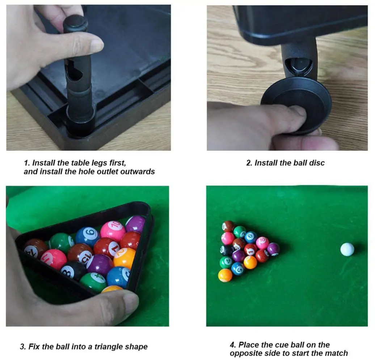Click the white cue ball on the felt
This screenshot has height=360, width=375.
click(347, 249)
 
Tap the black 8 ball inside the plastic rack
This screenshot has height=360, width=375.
click(73, 271)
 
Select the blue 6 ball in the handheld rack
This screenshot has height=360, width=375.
click(88, 236)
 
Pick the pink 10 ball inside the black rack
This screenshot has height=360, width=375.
click(113, 231)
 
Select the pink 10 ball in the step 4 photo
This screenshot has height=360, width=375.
click(262, 243)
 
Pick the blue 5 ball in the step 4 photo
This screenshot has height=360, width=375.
click(237, 268)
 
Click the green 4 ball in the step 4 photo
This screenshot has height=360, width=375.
click(226, 262)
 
